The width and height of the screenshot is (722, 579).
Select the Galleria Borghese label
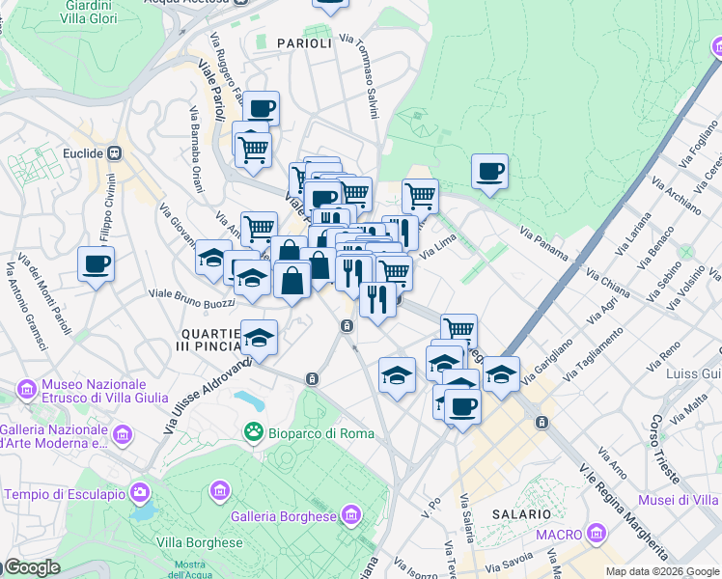coord(286,516)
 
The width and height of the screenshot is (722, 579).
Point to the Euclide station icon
coord(115,152)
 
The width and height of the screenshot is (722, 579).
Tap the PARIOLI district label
coord(304,42)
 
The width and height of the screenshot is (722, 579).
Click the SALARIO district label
coord(521,515)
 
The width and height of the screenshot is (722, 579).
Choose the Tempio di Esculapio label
coord(65,494)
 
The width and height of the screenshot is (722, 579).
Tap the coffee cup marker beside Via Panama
coord(489,172)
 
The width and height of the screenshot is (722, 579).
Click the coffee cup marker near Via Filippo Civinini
coord(96,262)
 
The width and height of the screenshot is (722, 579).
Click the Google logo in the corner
coord(31,567)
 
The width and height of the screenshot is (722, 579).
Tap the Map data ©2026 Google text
coord(662,571)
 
